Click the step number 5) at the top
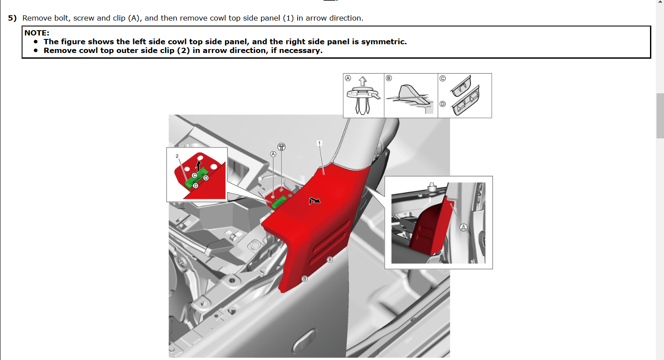[x=12, y=18]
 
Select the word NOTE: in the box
[x=37, y=33]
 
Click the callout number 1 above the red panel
[x=319, y=143]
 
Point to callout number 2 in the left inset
[x=177, y=156]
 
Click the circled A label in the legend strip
[x=348, y=78]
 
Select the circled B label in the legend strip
[x=389, y=78]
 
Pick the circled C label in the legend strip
[x=443, y=78]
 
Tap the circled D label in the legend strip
[x=443, y=104]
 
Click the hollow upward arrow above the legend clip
[x=362, y=81]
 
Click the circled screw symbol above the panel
[x=281, y=147]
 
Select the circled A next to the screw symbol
[x=273, y=154]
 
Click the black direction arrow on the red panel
[x=314, y=201]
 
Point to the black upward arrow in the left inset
[x=198, y=166]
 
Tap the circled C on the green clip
[x=194, y=176]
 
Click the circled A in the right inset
[x=464, y=227]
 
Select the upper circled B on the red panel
[x=330, y=260]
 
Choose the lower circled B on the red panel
[x=305, y=279]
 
